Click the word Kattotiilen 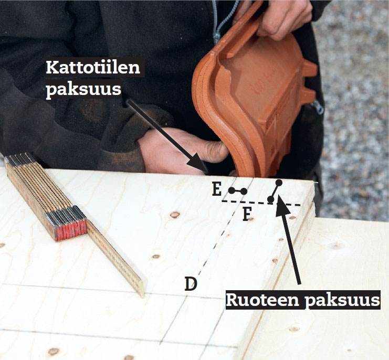[x=93, y=67]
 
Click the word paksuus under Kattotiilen [x=83, y=90]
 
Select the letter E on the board [x=217, y=189]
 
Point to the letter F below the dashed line [x=247, y=214]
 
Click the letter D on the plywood [x=191, y=283]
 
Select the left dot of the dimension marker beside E [x=232, y=190]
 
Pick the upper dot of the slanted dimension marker [x=279, y=183]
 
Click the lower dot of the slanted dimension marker [x=271, y=199]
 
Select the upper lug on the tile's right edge [x=310, y=69]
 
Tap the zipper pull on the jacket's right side [x=318, y=108]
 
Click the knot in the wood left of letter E [x=175, y=215]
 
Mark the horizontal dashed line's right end [x=300, y=205]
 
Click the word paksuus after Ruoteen [x=342, y=301]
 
